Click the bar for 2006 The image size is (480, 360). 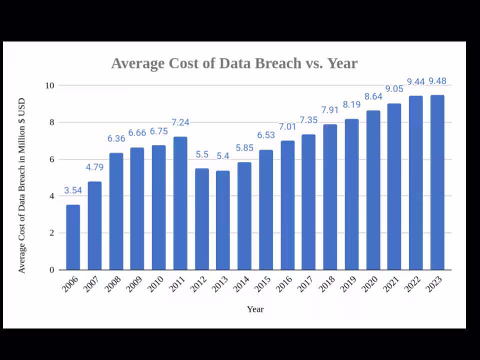point(73,237)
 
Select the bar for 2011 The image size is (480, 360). point(180,203)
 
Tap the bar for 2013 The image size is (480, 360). point(223,220)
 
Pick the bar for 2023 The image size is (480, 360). point(437,182)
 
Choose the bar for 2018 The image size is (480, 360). point(330,197)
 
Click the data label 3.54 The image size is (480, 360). point(73,190)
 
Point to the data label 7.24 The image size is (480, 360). point(180,122)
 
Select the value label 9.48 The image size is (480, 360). point(437,81)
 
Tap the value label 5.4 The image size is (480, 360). point(223,156)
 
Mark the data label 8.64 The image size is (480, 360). point(373,96)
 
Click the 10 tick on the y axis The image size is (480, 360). point(49,85)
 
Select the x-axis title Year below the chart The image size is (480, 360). point(255,309)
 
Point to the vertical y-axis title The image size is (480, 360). point(21,185)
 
